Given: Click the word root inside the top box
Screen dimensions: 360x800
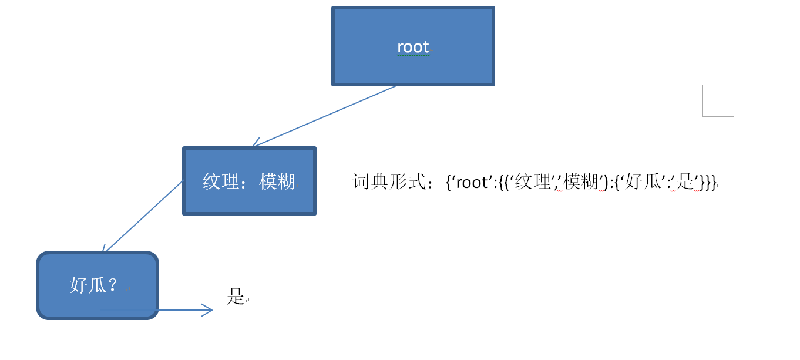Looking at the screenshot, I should pyautogui.click(x=413, y=47).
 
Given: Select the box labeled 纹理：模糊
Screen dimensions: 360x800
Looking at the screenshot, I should pyautogui.click(x=249, y=200).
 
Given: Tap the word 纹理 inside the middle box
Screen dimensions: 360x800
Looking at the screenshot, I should pyautogui.click(x=221, y=181).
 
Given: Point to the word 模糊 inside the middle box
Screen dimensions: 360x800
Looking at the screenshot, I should pyautogui.click(x=277, y=181).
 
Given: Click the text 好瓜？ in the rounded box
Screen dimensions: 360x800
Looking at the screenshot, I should pyautogui.click(x=94, y=285).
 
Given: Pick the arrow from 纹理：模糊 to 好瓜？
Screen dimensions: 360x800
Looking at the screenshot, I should pyautogui.click(x=143, y=217).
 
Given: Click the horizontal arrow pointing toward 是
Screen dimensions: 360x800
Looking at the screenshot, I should pyautogui.click(x=176, y=310).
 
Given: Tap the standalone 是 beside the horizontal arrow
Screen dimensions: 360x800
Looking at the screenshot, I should pyautogui.click(x=236, y=297).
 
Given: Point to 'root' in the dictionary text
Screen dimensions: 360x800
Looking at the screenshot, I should pyautogui.click(x=472, y=182).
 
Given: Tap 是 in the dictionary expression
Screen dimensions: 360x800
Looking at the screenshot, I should pyautogui.click(x=685, y=182).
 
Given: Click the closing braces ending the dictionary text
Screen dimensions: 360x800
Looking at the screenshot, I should pyautogui.click(x=708, y=183).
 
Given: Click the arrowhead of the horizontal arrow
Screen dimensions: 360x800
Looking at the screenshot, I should pyautogui.click(x=208, y=310).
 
